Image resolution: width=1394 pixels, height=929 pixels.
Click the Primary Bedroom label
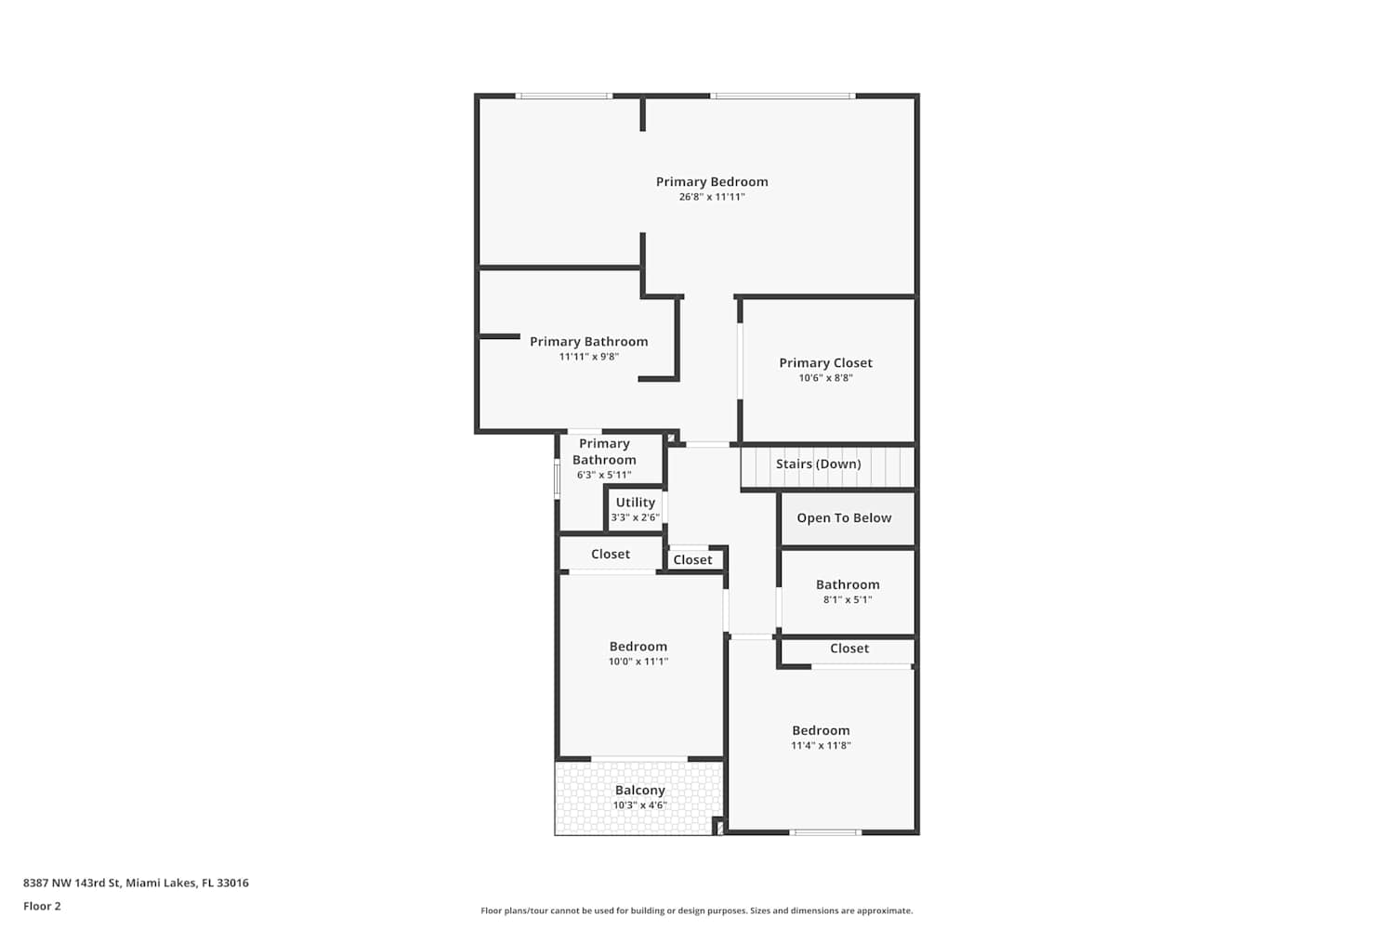click(712, 182)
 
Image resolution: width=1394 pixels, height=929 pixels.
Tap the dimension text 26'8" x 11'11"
click(712, 197)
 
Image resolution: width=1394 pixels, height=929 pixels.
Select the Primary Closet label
click(826, 362)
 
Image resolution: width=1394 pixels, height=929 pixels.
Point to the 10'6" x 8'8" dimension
click(826, 378)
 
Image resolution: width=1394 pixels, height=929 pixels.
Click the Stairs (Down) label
click(819, 464)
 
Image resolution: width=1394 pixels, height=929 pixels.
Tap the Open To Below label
click(844, 517)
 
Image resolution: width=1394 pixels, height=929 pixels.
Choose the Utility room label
click(636, 503)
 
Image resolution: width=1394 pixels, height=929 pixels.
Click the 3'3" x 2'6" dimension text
click(636, 517)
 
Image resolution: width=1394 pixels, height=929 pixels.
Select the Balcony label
click(640, 791)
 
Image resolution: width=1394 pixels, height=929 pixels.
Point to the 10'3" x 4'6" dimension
click(640, 805)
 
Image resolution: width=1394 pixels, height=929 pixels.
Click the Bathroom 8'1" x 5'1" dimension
click(848, 600)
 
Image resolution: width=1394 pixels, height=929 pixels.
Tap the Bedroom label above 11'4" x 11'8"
click(821, 730)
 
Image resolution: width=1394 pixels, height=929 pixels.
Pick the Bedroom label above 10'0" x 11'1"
click(638, 647)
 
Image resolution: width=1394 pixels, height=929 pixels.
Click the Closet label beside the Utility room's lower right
click(692, 560)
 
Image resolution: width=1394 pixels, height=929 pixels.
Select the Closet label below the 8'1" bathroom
click(849, 648)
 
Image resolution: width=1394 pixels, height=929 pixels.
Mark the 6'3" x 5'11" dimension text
click(604, 476)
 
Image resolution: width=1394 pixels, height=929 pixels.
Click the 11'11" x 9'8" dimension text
click(588, 357)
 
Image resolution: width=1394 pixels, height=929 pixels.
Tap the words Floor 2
click(43, 906)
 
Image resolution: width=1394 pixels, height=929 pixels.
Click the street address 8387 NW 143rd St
click(72, 883)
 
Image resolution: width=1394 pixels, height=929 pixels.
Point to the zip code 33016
click(232, 883)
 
